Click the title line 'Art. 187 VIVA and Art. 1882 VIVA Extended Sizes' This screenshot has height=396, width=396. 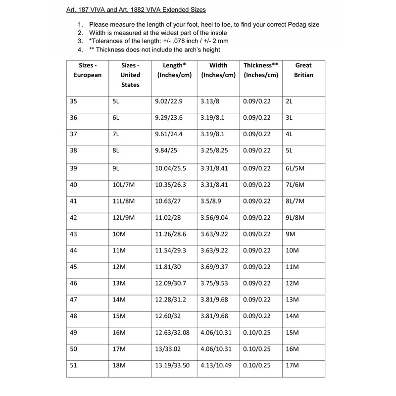137,10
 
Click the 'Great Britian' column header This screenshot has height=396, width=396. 303,70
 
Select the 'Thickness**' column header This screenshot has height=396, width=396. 261,70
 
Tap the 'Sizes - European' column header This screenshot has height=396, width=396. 88,70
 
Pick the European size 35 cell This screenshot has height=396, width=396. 74,101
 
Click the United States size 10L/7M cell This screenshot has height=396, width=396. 124,185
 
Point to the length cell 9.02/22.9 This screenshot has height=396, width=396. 169,101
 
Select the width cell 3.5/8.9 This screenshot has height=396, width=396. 211,201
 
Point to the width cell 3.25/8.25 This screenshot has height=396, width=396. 215,151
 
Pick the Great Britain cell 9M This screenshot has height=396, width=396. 292,235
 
